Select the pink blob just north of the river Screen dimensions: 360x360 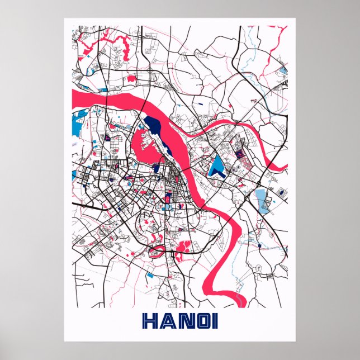tap(130, 79)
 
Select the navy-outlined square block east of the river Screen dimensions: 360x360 tap(239, 152)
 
